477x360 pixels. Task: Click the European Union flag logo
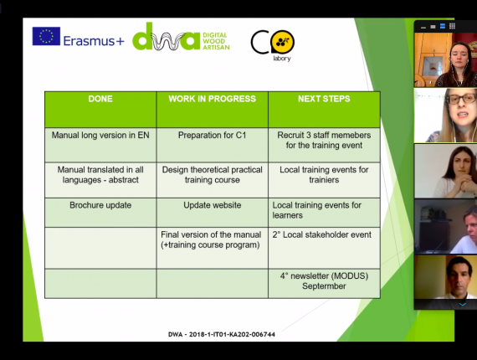click(x=46, y=36)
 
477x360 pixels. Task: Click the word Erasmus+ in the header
click(x=94, y=41)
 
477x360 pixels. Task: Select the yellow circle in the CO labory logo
click(x=282, y=42)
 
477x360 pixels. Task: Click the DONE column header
click(x=100, y=99)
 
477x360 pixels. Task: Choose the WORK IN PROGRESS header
click(x=213, y=99)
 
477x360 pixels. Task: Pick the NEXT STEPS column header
click(x=324, y=99)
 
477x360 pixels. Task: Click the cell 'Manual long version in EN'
click(x=100, y=135)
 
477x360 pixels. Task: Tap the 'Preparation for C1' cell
click(x=213, y=135)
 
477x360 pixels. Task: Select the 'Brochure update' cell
click(x=100, y=205)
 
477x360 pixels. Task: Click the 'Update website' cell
click(x=213, y=205)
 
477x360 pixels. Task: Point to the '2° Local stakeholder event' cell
click(x=322, y=234)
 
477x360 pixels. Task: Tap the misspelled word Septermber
click(x=324, y=286)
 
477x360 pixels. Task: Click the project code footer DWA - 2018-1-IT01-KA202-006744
click(x=222, y=334)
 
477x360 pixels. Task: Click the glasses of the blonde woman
click(x=462, y=99)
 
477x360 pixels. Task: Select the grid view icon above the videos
click(x=453, y=26)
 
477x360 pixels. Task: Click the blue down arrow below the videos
click(x=463, y=304)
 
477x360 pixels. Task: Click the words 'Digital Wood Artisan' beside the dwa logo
click(x=216, y=41)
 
